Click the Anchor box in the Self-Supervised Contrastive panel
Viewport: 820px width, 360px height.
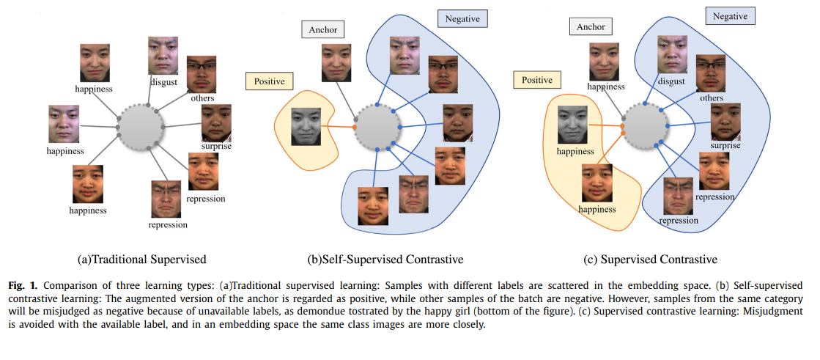tap(322, 29)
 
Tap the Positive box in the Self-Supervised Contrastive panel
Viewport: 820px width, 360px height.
tap(269, 81)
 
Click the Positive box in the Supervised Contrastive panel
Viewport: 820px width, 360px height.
tap(536, 79)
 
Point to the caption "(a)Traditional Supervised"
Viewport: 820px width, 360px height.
tap(142, 259)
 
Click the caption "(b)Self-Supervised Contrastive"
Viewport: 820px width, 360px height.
tap(386, 259)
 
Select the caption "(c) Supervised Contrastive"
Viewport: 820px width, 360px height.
tap(651, 259)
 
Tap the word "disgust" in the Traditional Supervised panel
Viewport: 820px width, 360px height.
tap(164, 81)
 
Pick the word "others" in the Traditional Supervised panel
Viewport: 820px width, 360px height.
tap(202, 98)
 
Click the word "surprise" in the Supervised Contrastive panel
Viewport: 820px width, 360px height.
tap(725, 145)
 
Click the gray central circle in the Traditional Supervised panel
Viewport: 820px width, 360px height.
tap(139, 126)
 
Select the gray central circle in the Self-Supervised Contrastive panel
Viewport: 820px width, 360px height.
tap(377, 126)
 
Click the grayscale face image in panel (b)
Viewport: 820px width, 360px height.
tap(307, 126)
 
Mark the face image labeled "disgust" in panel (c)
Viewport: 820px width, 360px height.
tap(672, 56)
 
